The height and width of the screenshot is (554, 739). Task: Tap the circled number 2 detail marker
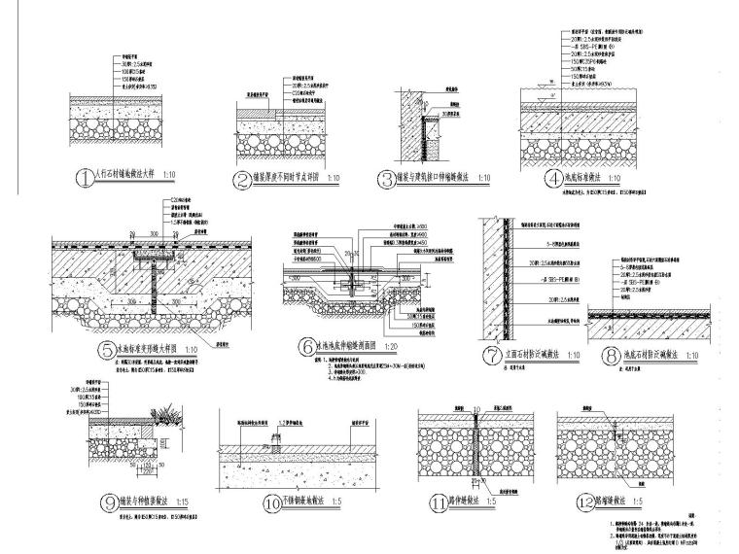click(243, 179)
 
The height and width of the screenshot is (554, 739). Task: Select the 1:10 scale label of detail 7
click(573, 354)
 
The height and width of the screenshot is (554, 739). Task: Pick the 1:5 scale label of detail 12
click(665, 502)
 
